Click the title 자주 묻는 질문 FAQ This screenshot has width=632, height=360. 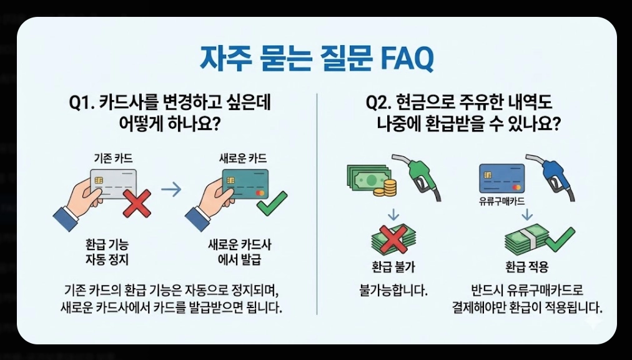coord(316,59)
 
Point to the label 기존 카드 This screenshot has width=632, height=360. coord(112,159)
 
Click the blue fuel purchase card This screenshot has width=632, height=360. coord(501,178)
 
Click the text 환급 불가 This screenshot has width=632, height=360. coord(393,267)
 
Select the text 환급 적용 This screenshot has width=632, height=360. coord(528,267)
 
